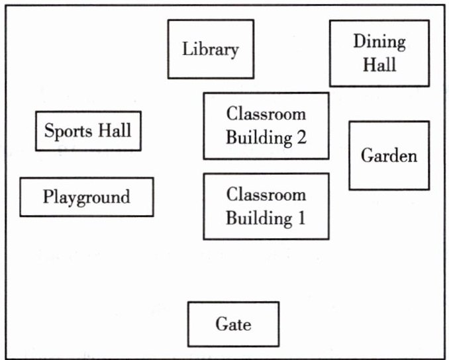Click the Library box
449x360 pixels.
pos(210,49)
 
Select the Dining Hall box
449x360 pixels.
pos(378,53)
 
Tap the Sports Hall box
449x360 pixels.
pos(88,130)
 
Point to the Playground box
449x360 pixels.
pos(86,197)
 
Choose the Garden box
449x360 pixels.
pos(389,156)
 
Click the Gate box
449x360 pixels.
pos(233,324)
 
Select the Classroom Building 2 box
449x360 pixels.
pos(266,126)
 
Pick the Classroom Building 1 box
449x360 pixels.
pos(266,206)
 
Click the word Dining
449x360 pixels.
pos(379,42)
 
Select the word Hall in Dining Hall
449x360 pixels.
pos(379,64)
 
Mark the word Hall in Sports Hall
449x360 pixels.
pos(115,130)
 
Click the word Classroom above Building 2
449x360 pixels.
pos(266,113)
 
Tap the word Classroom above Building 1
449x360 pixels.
pos(266,195)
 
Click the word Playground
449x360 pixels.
pos(86,197)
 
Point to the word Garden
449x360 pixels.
pos(389,156)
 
